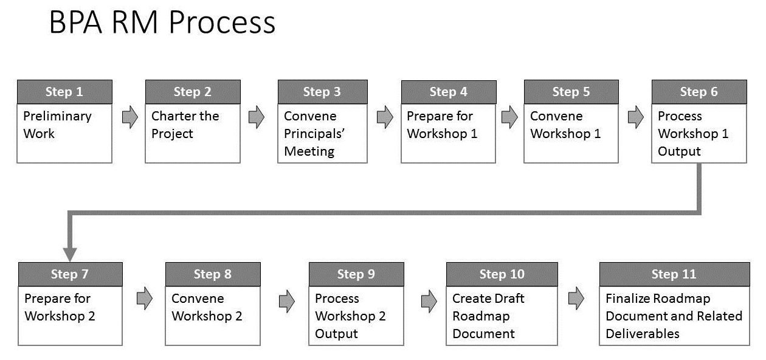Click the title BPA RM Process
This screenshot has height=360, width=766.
click(x=162, y=22)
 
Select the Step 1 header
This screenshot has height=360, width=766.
click(x=64, y=92)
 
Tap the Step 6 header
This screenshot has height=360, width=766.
click(x=699, y=92)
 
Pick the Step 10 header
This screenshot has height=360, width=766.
click(x=502, y=274)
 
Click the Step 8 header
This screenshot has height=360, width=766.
click(x=213, y=274)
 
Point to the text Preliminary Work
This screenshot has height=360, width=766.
click(x=57, y=125)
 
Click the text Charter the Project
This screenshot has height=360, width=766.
click(x=185, y=125)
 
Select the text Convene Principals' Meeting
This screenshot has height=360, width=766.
click(x=314, y=134)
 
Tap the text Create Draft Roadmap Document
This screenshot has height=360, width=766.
click(x=488, y=316)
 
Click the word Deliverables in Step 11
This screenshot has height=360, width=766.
click(x=643, y=334)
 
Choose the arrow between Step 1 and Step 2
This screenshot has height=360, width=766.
click(x=130, y=117)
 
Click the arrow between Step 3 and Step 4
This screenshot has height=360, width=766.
click(x=385, y=117)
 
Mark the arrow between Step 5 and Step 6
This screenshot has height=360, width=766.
click(x=636, y=117)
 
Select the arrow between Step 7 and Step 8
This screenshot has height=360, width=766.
click(x=145, y=299)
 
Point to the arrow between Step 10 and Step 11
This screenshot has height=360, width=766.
click(x=576, y=299)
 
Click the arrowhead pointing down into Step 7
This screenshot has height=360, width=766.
click(x=70, y=255)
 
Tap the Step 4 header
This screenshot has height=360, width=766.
click(x=449, y=92)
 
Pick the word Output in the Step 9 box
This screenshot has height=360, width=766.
click(x=337, y=334)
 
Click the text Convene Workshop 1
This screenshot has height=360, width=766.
click(x=565, y=125)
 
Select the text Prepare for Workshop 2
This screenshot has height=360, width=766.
click(x=60, y=307)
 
